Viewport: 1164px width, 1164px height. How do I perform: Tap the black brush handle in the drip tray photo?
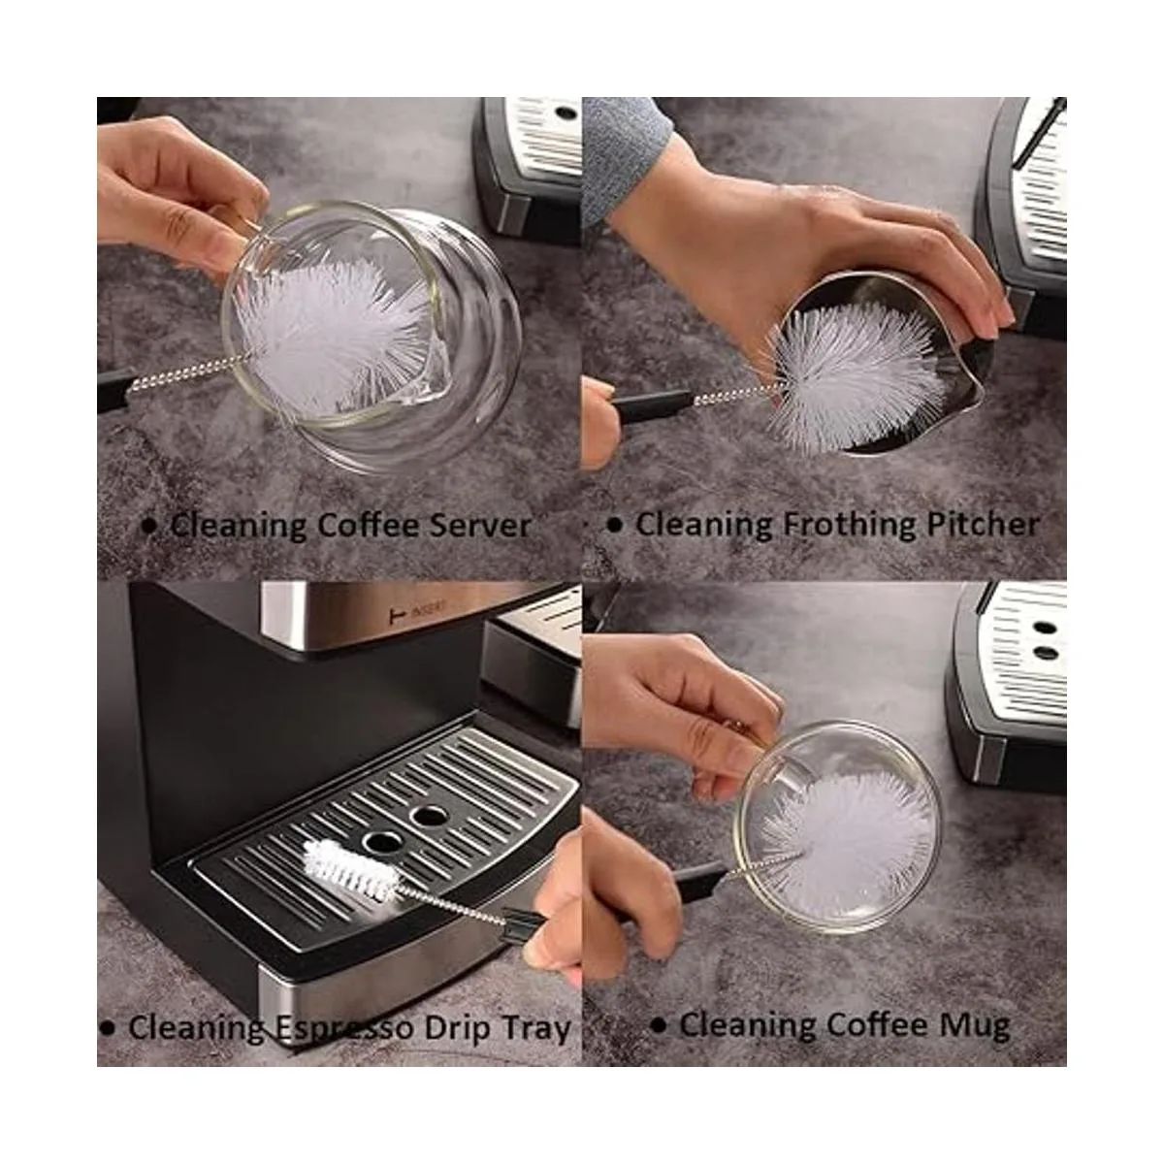pyautogui.click(x=524, y=918)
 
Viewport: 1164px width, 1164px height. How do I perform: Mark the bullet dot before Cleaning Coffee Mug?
pyautogui.click(x=660, y=1024)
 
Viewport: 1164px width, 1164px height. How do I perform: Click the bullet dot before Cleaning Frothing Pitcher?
pyautogui.click(x=613, y=525)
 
